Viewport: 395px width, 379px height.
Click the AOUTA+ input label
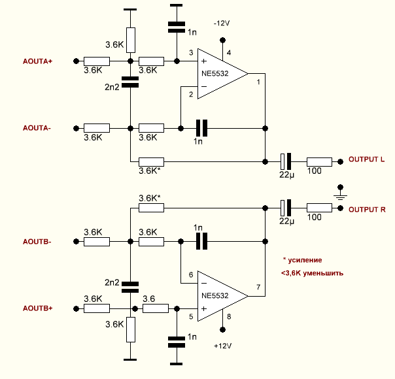37,61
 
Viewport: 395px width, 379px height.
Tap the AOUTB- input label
37,241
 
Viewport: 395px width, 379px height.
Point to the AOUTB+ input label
37,308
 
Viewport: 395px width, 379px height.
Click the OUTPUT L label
366,160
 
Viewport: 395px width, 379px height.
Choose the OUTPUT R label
366,209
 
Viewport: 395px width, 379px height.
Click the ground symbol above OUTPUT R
339,194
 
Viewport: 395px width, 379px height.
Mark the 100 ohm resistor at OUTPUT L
319,160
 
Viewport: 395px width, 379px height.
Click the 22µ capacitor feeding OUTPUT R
285,208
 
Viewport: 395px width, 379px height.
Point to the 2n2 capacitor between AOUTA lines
131,82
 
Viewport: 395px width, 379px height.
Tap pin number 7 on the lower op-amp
258,288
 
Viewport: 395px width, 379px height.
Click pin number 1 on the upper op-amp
258,82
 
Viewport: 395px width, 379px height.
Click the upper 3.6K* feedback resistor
151,160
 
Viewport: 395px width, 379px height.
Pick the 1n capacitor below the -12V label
177,27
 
